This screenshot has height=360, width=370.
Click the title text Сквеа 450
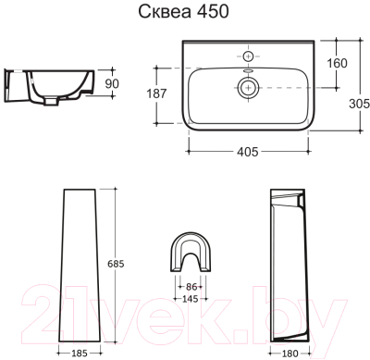[183, 12]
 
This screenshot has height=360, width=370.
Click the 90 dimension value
[112, 83]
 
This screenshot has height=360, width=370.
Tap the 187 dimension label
[156, 93]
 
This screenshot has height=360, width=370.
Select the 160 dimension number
[337, 63]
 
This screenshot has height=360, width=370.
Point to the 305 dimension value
[359, 104]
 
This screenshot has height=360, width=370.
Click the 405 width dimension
[248, 152]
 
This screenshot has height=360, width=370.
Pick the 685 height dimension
[116, 264]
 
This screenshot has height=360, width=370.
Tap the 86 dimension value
[191, 287]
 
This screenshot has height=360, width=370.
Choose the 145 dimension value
[190, 299]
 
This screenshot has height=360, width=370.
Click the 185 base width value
[80, 354]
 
